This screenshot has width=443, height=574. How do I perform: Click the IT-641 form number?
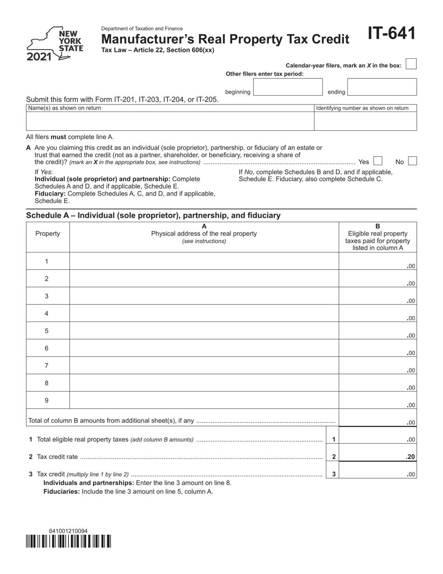[x=391, y=34]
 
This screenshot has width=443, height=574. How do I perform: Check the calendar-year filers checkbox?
[x=411, y=64]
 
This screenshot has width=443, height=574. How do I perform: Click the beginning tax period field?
[x=287, y=87]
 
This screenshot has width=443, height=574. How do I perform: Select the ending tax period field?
[x=382, y=87]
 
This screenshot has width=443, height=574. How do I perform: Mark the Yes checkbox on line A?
[x=378, y=161]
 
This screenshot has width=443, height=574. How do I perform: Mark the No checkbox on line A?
[x=412, y=161]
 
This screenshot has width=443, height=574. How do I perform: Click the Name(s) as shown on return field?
[x=170, y=121]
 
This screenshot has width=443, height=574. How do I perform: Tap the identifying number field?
[x=365, y=121]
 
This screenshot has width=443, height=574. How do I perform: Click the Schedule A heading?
[x=153, y=216]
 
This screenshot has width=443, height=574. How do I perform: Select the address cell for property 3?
[x=204, y=296]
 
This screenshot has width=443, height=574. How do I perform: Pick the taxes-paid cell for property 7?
[x=377, y=365]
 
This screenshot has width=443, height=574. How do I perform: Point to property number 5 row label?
[x=47, y=331]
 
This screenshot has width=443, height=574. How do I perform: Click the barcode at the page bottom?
[x=69, y=541]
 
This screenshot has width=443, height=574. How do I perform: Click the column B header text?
[x=377, y=237]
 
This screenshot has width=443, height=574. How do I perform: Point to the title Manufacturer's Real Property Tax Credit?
[x=225, y=39]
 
